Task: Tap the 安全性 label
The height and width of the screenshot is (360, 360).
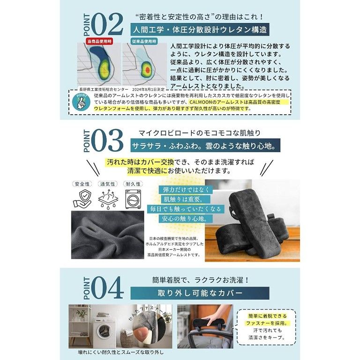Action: (x=82, y=185)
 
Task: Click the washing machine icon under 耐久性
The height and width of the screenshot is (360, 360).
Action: (x=134, y=201)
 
